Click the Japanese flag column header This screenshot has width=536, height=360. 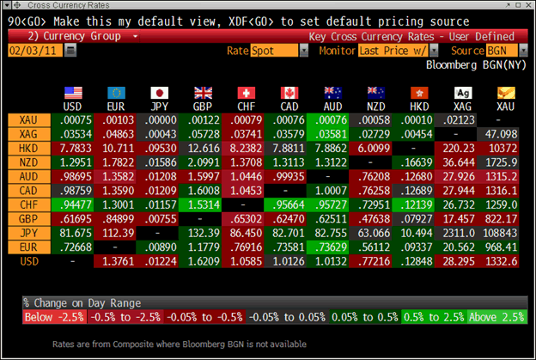[x=160, y=94]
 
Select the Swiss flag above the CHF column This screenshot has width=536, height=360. [x=247, y=94]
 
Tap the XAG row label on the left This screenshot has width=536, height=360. [x=27, y=134]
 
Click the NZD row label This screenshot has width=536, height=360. [x=27, y=162]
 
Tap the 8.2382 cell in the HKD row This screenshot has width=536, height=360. [x=247, y=148]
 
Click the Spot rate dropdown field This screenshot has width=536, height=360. [x=278, y=52]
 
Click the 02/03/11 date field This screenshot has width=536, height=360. [x=33, y=52]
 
